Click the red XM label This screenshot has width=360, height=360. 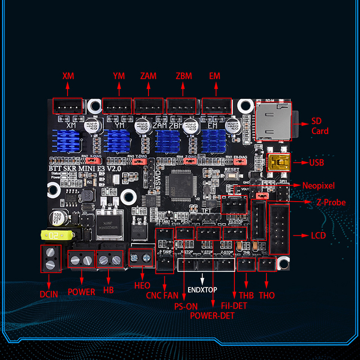68,76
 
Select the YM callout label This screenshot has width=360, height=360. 119,76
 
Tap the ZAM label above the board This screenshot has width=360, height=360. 148,76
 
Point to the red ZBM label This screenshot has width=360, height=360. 183,76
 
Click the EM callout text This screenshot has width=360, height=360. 215,76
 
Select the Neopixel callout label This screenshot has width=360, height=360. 319,185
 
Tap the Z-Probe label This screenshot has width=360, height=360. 331,202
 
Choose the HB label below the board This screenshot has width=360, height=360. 108,291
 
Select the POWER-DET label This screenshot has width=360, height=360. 212,315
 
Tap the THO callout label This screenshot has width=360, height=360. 267,296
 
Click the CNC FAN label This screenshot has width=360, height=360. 162,296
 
